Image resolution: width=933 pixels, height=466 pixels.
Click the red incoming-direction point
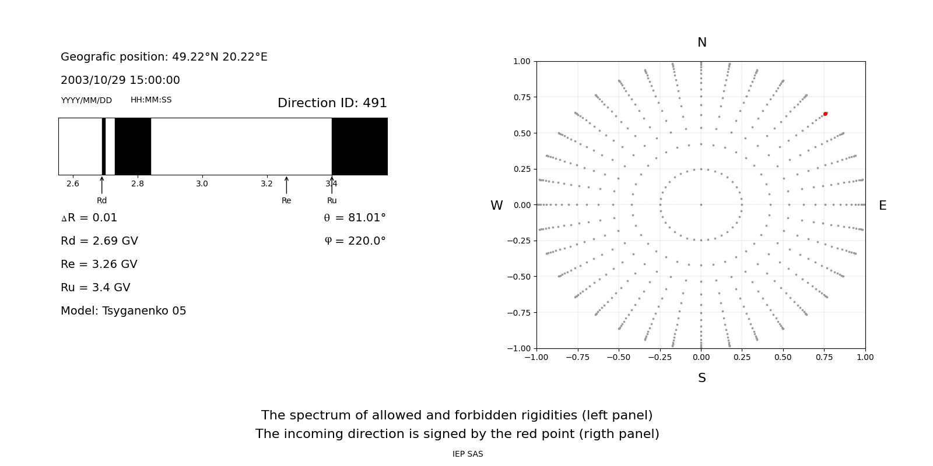[825, 114]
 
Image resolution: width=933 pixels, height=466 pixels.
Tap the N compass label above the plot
[702, 43]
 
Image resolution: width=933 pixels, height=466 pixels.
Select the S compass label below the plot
[702, 378]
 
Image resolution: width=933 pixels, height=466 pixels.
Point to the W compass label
[497, 206]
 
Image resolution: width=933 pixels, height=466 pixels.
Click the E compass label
[882, 206]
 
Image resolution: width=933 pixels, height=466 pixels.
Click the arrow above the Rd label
[102, 185]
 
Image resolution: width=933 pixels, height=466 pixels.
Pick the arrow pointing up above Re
[286, 185]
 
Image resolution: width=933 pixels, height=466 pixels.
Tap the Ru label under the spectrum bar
[332, 200]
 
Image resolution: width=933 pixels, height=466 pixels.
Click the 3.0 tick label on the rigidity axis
[202, 183]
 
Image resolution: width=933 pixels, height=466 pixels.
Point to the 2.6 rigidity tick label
[73, 183]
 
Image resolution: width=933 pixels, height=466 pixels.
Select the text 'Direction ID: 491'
[332, 103]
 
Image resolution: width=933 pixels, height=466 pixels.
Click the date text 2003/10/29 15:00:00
[120, 80]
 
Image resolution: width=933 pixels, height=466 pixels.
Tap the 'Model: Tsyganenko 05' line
[123, 311]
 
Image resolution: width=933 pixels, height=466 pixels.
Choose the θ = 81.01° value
[355, 218]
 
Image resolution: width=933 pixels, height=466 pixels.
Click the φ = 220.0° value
[355, 241]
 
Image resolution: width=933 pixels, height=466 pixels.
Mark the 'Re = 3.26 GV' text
[99, 264]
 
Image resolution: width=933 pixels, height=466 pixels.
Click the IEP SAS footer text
[468, 454]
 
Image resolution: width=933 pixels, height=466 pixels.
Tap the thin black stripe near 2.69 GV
[104, 146]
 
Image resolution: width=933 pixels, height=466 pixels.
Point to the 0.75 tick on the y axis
[522, 97]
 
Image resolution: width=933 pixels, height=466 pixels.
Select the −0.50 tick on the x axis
[618, 357]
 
